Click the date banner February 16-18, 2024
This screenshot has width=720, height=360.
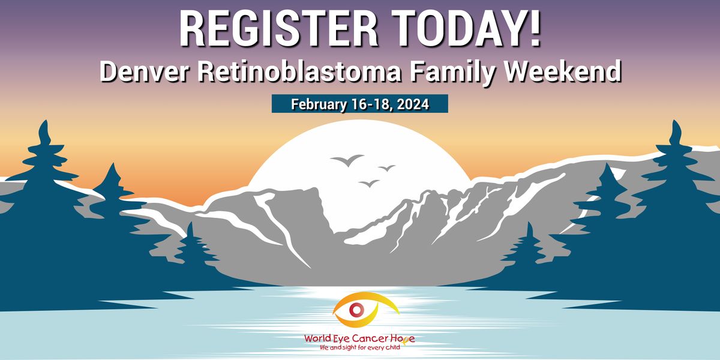point(359,104)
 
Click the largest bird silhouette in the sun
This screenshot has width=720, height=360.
point(347,160)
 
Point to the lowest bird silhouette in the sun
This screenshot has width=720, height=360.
point(370,183)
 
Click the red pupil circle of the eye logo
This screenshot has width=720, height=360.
point(356,310)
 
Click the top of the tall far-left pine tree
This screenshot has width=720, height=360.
point(43,124)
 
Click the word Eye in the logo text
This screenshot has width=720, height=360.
point(342,338)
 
